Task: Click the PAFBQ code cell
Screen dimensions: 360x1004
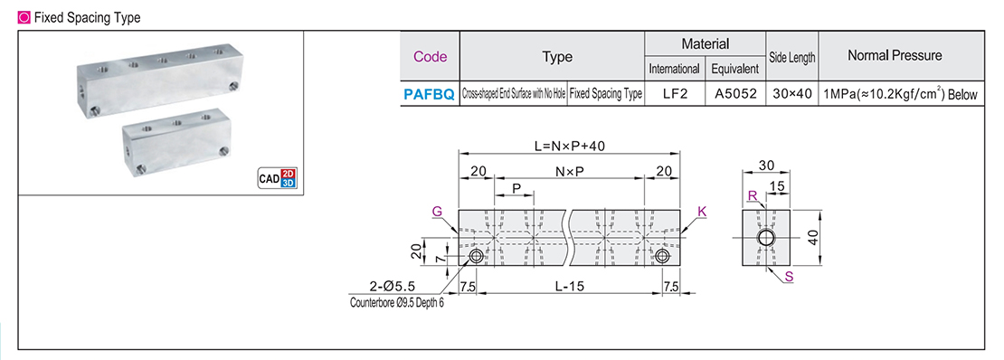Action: click(430, 93)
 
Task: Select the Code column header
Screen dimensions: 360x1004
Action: click(430, 56)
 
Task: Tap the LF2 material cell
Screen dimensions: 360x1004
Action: click(674, 93)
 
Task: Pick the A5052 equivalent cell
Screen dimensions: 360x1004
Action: click(734, 93)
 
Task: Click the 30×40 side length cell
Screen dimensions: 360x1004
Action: click(792, 93)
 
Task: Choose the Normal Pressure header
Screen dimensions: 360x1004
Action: click(894, 56)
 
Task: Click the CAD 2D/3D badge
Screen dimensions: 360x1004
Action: click(277, 177)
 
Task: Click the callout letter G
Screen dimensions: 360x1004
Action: click(438, 211)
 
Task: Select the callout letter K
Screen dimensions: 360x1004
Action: click(701, 211)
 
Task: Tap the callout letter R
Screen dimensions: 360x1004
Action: click(753, 195)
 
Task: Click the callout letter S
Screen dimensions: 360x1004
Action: click(789, 277)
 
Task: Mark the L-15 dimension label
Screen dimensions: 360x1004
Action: click(570, 286)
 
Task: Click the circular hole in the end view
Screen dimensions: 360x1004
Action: click(766, 239)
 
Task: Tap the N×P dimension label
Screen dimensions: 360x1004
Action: click(570, 172)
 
